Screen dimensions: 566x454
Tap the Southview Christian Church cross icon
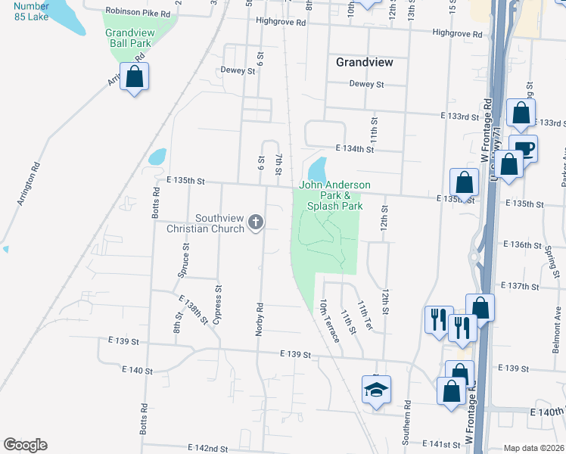click(256, 222)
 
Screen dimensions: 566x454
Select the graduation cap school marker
click(376, 390)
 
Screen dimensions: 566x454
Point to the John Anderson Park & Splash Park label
click(335, 195)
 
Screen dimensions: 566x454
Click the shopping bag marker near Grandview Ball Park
click(134, 76)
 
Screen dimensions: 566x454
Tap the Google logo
click(25, 445)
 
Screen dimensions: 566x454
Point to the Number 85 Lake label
click(30, 11)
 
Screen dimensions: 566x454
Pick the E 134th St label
click(356, 150)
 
